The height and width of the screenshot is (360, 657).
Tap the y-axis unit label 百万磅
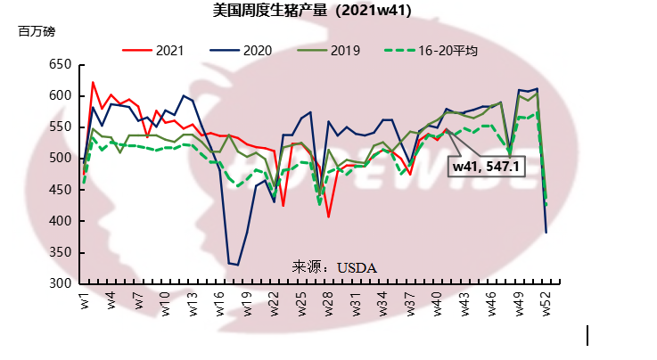click(x=37, y=31)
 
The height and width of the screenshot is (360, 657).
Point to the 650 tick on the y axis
click(x=59, y=65)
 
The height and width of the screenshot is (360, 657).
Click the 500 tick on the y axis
click(x=59, y=159)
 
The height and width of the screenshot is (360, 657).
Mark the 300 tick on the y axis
click(x=59, y=283)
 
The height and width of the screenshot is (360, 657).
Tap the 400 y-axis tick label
click(x=59, y=221)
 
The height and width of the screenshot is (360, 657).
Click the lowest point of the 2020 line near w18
click(x=237, y=265)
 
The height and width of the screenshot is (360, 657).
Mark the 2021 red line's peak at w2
click(x=93, y=82)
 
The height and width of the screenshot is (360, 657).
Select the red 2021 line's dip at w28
click(x=329, y=217)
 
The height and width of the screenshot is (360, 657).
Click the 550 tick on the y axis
click(x=59, y=127)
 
